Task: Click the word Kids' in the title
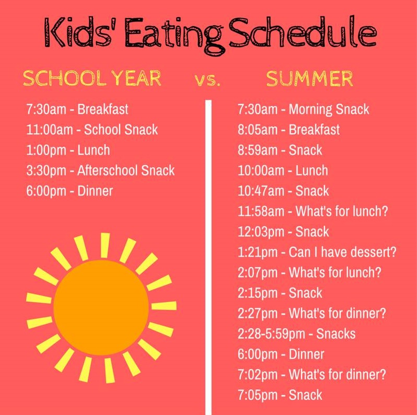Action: click(78, 32)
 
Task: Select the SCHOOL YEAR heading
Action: click(92, 78)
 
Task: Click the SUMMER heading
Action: click(309, 78)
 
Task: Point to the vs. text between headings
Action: click(207, 80)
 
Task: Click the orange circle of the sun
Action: click(101, 307)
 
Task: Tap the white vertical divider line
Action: click(209, 257)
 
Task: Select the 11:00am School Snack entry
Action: click(92, 130)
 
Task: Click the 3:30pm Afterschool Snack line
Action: click(100, 170)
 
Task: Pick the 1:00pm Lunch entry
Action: click(68, 151)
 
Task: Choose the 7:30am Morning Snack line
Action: click(304, 110)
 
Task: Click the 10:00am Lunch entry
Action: click(283, 170)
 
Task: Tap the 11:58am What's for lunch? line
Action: click(312, 211)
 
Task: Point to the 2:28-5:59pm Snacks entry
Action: click(296, 334)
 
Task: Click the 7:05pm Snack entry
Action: click(280, 395)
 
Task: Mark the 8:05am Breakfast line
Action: click(288, 130)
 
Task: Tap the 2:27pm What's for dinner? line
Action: click(311, 314)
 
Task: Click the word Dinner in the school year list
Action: click(95, 191)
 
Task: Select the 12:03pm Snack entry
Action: click(283, 232)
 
